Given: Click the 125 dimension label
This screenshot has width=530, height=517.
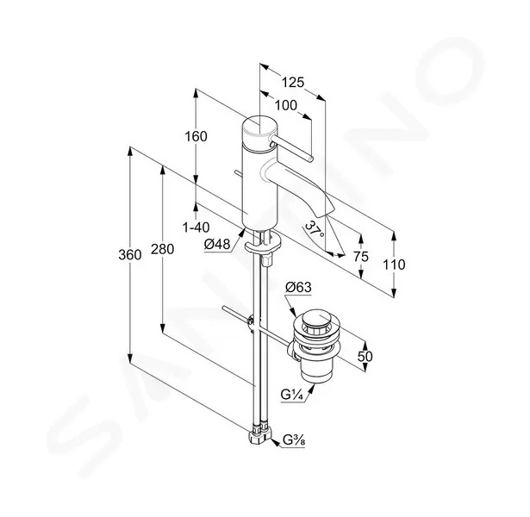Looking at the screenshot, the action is point(293,82).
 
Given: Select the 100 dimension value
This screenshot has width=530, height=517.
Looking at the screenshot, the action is point(285,106).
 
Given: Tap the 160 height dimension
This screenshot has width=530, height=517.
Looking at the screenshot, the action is point(196,136).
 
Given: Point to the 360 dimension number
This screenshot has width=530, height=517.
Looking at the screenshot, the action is point(130,255).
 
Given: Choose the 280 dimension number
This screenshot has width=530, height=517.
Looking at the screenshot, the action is point(162,249).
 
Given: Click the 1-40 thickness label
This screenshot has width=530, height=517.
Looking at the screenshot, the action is point(196,227).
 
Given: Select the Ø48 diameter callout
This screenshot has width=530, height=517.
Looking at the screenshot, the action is point(217,244).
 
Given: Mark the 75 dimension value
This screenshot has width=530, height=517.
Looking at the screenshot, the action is point(360,257).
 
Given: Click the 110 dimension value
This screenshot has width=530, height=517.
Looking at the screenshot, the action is point(394,265).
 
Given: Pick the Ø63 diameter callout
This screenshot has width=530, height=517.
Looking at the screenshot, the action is point(298,288).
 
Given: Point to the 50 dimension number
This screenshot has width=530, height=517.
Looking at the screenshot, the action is point(365,356).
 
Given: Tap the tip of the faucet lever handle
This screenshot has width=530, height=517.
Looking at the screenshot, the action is point(311,159).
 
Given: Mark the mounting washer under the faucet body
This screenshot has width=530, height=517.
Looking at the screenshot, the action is point(263,243).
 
